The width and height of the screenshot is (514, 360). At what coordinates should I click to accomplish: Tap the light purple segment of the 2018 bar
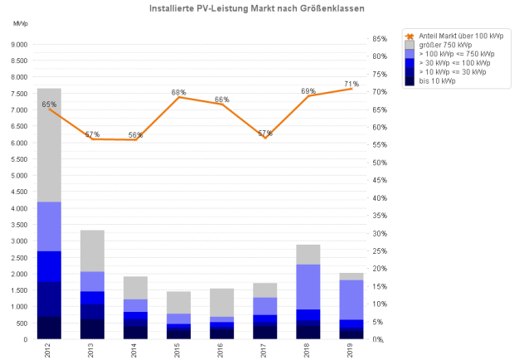coord(308,287)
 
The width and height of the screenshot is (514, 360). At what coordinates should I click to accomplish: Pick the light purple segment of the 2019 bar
coord(352,299)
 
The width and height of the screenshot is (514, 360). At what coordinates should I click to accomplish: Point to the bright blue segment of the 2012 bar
coord(49,266)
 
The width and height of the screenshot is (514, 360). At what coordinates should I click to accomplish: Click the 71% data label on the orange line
coord(352,84)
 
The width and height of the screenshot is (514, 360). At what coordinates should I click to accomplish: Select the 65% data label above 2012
coord(49,105)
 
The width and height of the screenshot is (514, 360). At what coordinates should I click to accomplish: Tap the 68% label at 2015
coord(178,92)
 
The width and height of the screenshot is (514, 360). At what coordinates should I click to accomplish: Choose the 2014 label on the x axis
coord(135,351)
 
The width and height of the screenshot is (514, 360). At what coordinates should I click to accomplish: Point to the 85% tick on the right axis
coord(380,39)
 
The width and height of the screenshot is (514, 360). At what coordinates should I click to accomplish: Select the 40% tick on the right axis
coord(380,198)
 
